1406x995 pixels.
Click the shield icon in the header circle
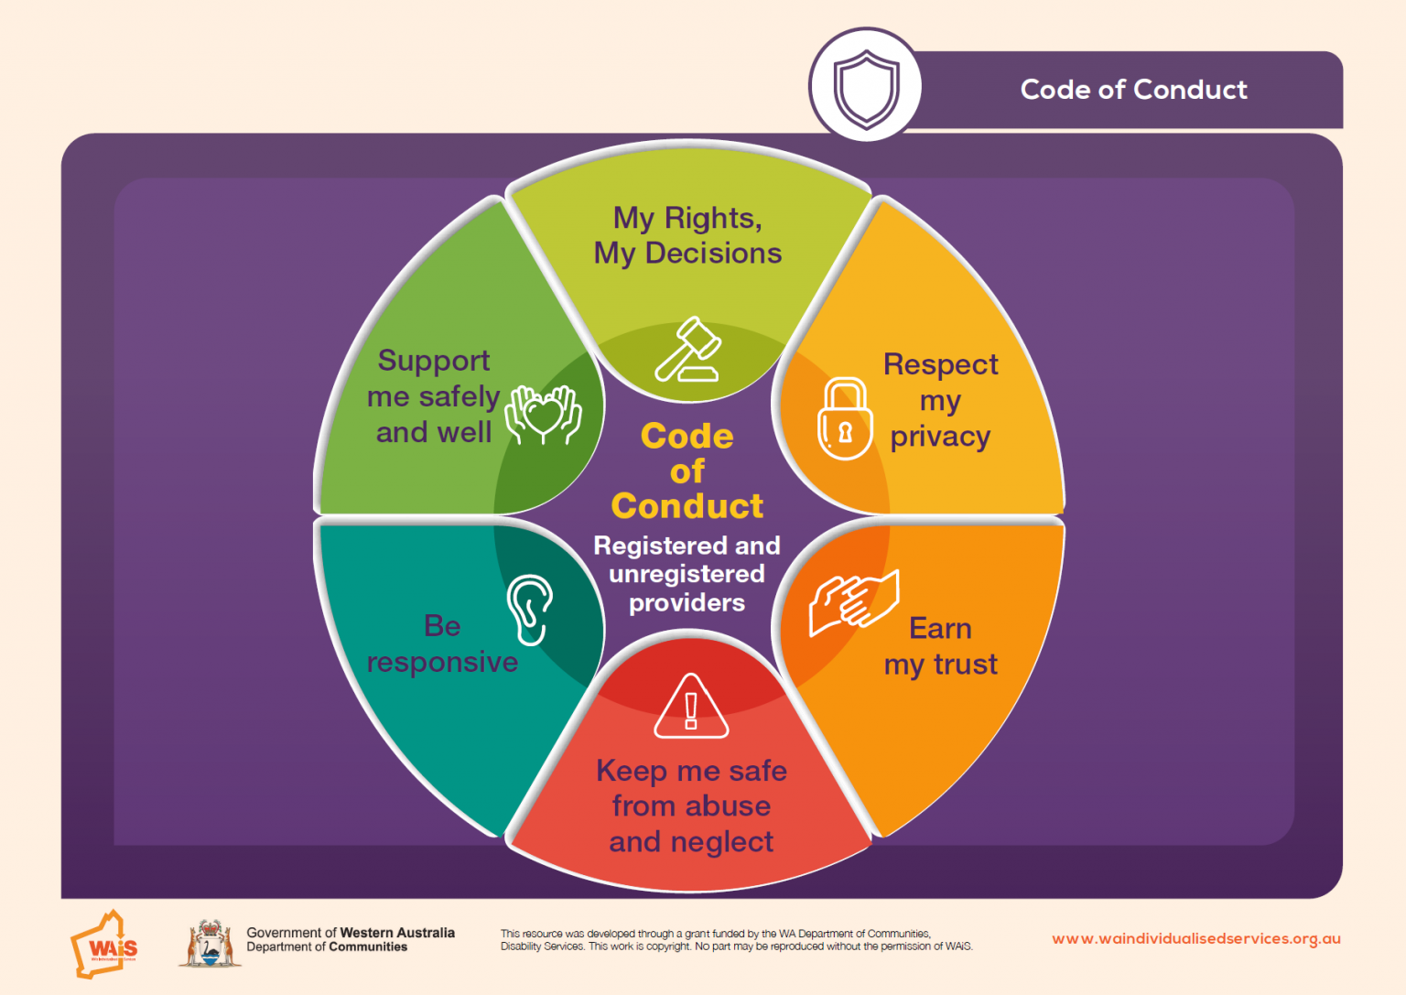(x=866, y=89)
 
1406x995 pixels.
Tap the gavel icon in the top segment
(x=688, y=349)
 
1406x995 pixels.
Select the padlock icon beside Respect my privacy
(x=845, y=418)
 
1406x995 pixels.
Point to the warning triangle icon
(x=691, y=706)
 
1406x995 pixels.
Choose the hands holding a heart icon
(x=544, y=415)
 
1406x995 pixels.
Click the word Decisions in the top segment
(x=714, y=254)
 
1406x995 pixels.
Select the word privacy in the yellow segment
(x=940, y=438)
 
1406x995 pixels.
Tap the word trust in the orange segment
(x=966, y=665)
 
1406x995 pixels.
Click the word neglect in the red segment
(x=722, y=842)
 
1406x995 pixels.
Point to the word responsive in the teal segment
(x=442, y=663)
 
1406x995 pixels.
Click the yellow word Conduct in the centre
(x=687, y=506)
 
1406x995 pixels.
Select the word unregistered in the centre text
(x=687, y=575)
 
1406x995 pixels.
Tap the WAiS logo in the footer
(x=105, y=945)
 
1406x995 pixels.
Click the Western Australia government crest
(x=211, y=944)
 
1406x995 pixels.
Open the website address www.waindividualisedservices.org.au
(x=1196, y=939)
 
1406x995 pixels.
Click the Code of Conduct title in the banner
(x=1133, y=90)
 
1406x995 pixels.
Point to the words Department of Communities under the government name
(x=327, y=947)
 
